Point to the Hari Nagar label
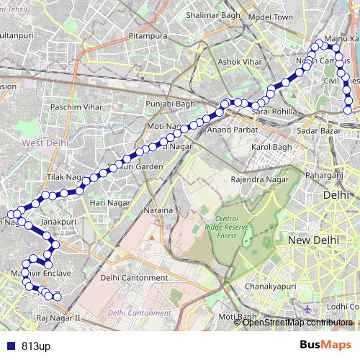click(108, 202)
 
